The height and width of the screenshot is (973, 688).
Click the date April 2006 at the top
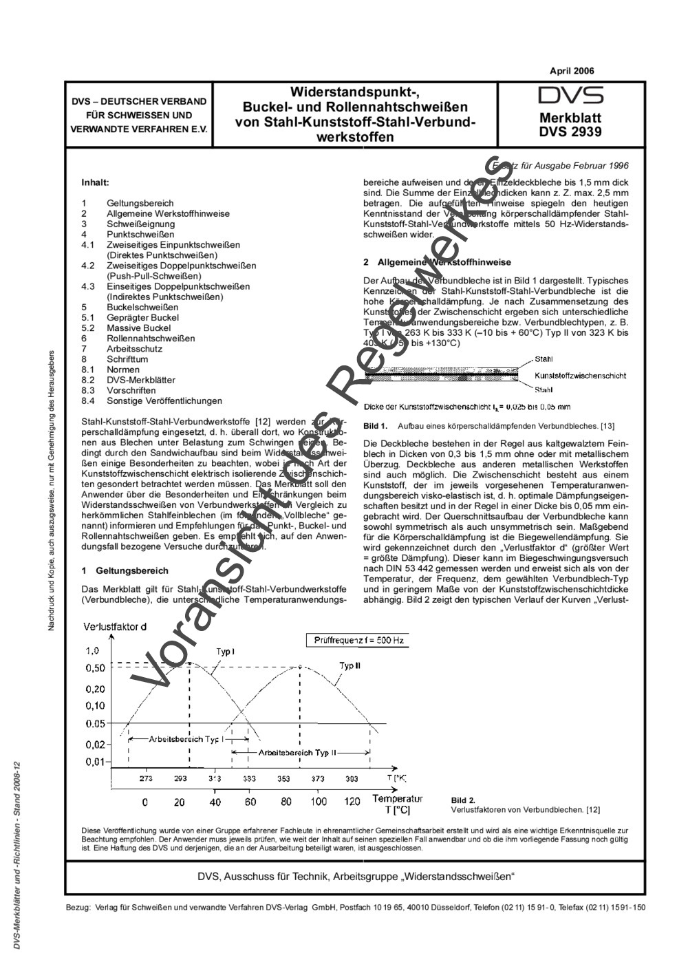[572, 71]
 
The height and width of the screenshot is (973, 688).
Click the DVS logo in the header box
[570, 96]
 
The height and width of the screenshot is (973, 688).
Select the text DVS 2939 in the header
[570, 132]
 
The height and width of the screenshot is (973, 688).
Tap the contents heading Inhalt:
[95, 183]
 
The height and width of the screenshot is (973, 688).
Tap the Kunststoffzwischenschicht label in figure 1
[580, 376]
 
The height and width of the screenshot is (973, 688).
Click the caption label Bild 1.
[375, 427]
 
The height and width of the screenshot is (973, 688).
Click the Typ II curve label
[350, 666]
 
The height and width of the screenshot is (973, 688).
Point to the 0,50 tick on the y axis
[96, 668]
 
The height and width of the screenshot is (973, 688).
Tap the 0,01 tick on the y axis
[96, 762]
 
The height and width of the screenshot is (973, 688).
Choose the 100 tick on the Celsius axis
[318, 802]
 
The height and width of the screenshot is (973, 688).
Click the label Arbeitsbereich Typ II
[297, 753]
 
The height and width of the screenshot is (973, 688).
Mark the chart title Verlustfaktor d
[115, 626]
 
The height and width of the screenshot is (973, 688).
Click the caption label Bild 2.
[463, 800]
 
